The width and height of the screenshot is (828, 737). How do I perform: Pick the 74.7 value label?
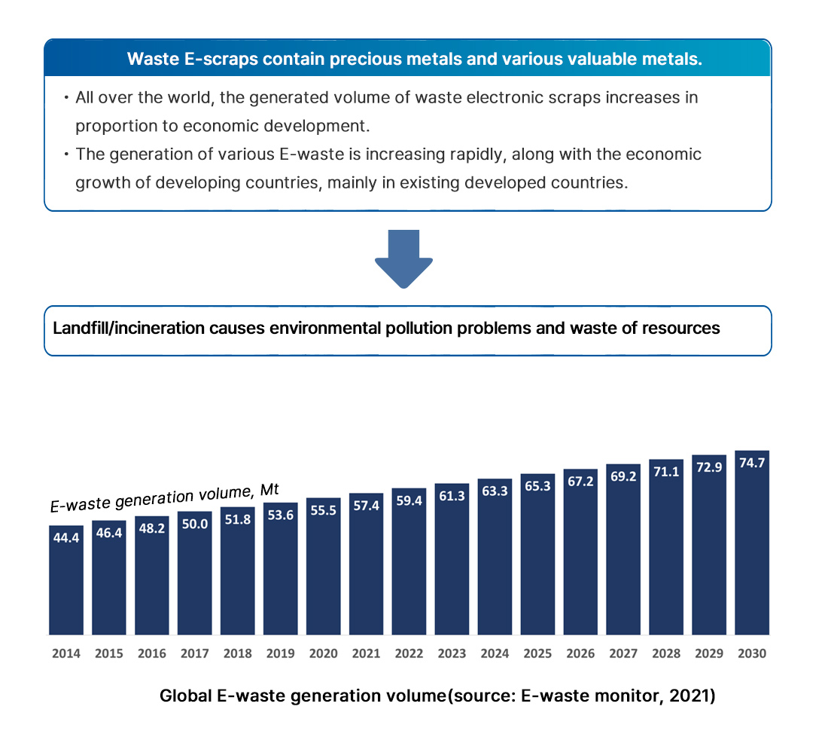(x=752, y=463)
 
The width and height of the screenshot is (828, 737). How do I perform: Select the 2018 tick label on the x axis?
(x=237, y=653)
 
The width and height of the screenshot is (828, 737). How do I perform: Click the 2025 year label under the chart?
(x=537, y=653)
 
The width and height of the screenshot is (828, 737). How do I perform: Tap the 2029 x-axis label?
(x=709, y=653)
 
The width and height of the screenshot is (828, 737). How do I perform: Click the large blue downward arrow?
(x=403, y=258)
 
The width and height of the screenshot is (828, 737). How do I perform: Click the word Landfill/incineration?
(x=121, y=329)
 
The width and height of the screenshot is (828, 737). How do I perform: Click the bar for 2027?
(x=623, y=549)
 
